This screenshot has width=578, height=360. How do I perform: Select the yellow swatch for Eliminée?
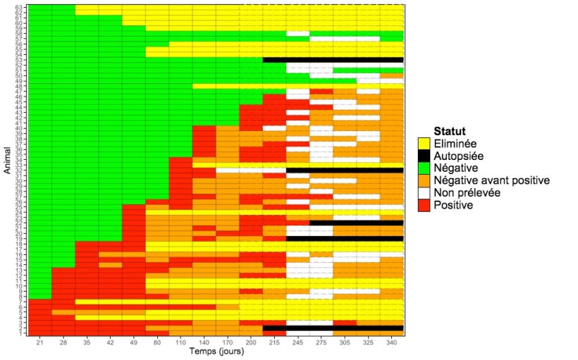pos(424,143)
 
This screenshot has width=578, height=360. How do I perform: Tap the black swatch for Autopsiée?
pos(424,156)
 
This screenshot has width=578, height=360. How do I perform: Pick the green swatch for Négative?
pos(424,168)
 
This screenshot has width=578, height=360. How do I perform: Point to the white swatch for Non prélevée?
pos(424,194)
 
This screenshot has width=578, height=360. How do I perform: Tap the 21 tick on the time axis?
pos(40,343)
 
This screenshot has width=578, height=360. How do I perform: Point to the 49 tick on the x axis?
pos(134,343)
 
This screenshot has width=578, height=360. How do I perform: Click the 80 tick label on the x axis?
pos(157,343)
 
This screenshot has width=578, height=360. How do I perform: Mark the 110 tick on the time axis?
pos(180,343)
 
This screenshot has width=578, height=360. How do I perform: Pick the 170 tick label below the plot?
pos(228,343)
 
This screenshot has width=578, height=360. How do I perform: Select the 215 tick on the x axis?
pos(274,343)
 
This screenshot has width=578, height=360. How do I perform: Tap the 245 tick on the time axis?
pos(297,343)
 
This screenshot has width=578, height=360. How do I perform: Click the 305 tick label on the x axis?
pos(345,343)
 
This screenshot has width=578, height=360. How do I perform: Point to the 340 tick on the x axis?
pos(391,343)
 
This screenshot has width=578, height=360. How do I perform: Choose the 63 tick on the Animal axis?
pos(23,7)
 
